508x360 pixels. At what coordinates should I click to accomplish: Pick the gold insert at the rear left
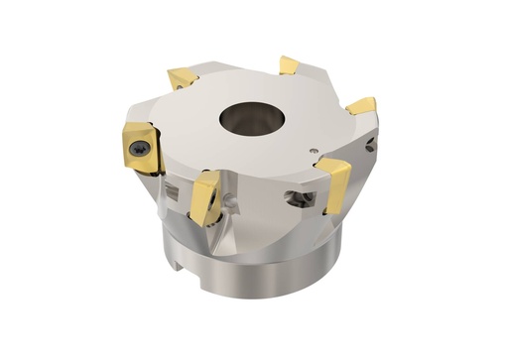(x=184, y=77)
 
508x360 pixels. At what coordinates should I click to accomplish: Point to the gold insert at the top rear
(x=289, y=65)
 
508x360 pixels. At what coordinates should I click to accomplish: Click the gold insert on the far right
(x=362, y=105)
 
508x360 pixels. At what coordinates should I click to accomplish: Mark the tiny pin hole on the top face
(x=315, y=149)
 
